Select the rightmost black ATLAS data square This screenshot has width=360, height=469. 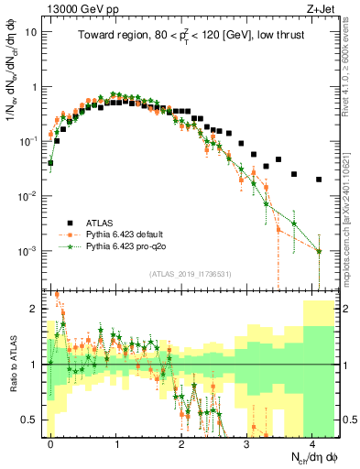(319, 180)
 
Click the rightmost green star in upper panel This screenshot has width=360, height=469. (319, 251)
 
